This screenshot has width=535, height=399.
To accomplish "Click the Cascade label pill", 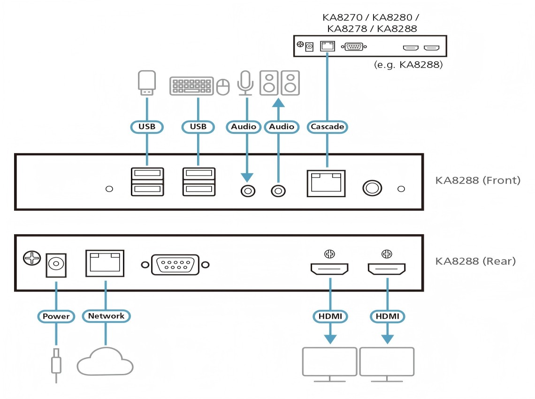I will [x=327, y=126].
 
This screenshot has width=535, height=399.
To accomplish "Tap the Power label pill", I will [x=56, y=316].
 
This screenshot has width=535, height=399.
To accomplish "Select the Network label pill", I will [x=106, y=316].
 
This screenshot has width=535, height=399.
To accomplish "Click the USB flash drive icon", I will [x=147, y=83].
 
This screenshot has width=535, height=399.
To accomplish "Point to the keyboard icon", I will [x=191, y=86].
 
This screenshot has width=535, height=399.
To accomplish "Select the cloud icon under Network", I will [x=105, y=361].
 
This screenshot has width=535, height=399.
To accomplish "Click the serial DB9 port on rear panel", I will [x=175, y=265].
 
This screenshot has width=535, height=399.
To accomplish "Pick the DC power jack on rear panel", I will [x=56, y=264].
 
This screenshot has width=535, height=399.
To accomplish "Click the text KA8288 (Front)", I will [x=478, y=180].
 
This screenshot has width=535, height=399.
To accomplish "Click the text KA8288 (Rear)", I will [x=475, y=261].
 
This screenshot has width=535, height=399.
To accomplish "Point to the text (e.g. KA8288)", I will [x=408, y=65].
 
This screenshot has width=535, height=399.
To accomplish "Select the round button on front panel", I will [x=371, y=188].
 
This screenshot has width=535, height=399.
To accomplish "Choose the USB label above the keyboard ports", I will [x=198, y=126].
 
